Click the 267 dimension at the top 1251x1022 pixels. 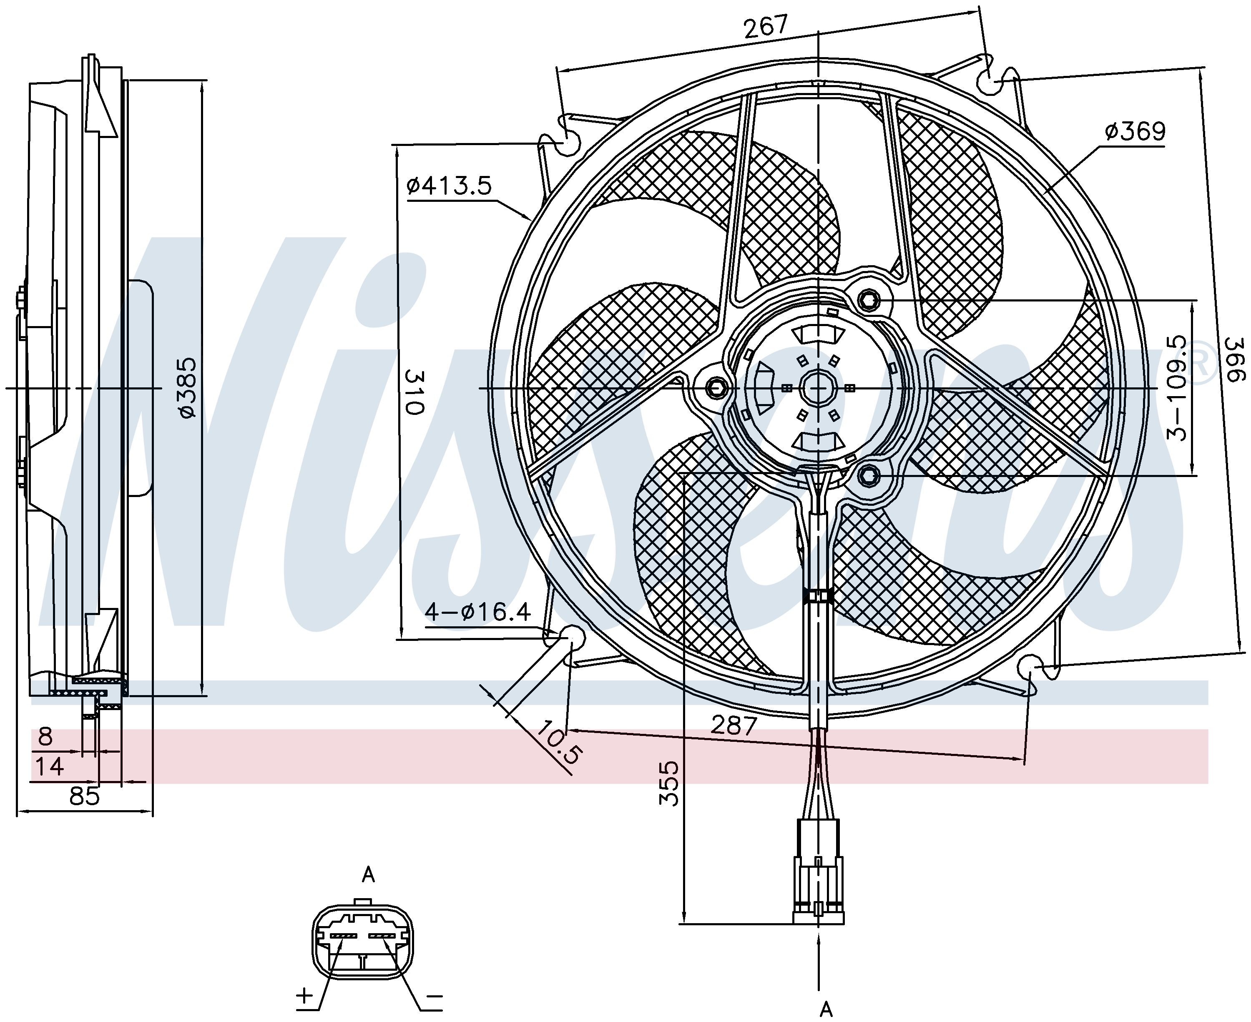coord(765,27)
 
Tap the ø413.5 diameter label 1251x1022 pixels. coord(449,186)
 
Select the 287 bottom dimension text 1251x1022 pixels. coord(733,725)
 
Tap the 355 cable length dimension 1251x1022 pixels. coord(669,783)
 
